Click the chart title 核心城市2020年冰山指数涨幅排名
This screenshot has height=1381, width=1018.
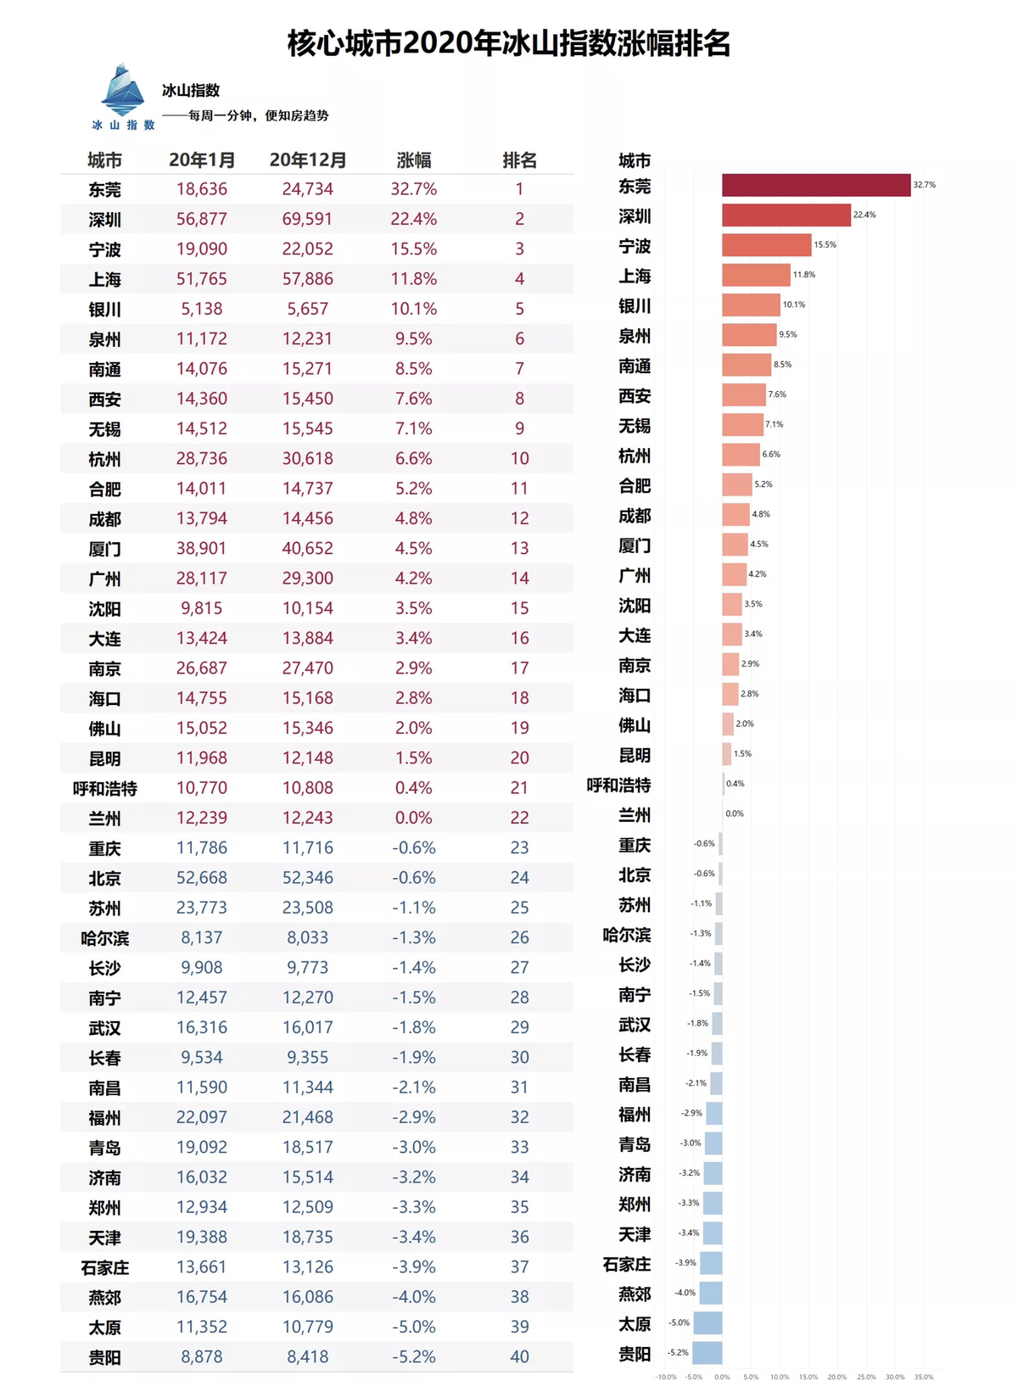pos(509,42)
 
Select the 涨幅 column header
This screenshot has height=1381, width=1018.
pos(414,160)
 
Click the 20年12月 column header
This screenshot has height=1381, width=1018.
pos(308,160)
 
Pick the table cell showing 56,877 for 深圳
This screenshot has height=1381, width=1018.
pos(202,219)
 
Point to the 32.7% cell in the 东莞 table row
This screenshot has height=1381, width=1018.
pos(414,189)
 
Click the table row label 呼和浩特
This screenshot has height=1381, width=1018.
pos(105,788)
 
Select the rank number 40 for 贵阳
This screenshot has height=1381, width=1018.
pos(519,1356)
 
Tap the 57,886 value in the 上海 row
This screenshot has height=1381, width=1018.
pos(308,279)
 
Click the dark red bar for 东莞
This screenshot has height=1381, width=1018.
pos(816,185)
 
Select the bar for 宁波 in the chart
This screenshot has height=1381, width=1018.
pos(767,245)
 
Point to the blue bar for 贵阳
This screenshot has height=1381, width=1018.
pos(708,1352)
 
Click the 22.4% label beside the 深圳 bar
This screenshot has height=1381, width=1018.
pos(864,215)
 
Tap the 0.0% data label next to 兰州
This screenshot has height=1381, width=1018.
pos(735,814)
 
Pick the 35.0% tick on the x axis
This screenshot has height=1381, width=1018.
pos(924,1377)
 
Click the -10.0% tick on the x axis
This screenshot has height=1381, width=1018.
pos(666,1377)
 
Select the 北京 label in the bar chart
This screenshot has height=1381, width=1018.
pos(635,875)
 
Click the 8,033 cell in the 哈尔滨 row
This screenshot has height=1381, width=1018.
pos(308,937)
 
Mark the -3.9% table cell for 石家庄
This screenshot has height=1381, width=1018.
pos(414,1266)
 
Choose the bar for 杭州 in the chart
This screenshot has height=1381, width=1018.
pos(741,455)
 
